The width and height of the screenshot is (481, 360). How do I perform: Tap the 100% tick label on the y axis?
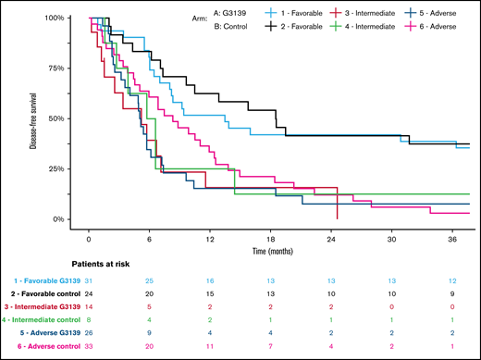[x=53, y=19]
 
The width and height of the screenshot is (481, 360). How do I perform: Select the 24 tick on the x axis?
[x=338, y=236]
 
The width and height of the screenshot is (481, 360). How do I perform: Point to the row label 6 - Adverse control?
[x=49, y=343]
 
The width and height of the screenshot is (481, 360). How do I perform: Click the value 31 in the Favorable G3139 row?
[x=89, y=279]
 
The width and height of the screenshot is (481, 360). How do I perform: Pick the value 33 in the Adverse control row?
[x=89, y=343]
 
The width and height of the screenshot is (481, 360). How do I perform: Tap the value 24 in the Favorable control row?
[x=89, y=292]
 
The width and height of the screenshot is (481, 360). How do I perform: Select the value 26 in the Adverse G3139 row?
[x=89, y=330]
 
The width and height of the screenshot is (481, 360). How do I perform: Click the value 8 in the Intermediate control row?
[x=89, y=317]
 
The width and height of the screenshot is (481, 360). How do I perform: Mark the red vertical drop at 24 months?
[x=338, y=207]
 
